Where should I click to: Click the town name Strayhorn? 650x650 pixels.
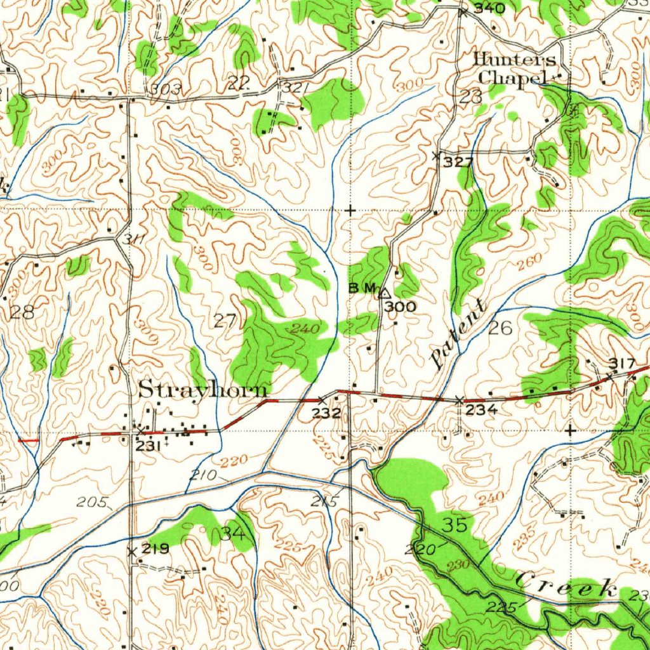pyautogui.click(x=203, y=389)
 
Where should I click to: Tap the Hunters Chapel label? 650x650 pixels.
pyautogui.click(x=515, y=69)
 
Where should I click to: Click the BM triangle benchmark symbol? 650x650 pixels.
pyautogui.click(x=384, y=293)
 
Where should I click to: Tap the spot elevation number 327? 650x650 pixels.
pyautogui.click(x=458, y=162)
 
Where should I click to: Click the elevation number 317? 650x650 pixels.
pyautogui.click(x=621, y=363)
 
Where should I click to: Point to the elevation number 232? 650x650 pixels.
pyautogui.click(x=328, y=413)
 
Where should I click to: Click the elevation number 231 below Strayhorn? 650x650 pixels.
pyautogui.click(x=147, y=446)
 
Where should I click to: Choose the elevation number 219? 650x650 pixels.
pyautogui.click(x=156, y=549)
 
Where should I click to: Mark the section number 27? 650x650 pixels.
pyautogui.click(x=225, y=321)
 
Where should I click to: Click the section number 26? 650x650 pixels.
pyautogui.click(x=501, y=328)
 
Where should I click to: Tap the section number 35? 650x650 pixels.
pyautogui.click(x=455, y=525)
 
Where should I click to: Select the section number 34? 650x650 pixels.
pyautogui.click(x=232, y=533)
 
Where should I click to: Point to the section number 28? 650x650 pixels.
pyautogui.click(x=22, y=312)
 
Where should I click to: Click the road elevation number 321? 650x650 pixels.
pyautogui.click(x=296, y=88)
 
